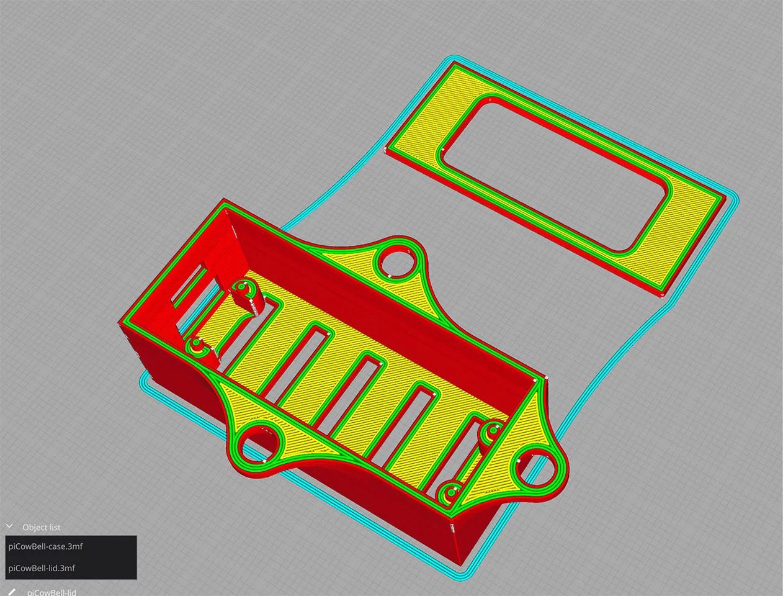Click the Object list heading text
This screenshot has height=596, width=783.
42,527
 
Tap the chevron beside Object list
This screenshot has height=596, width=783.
9,526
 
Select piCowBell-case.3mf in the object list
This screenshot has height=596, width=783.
46,546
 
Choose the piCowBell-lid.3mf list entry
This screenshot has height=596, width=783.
42,568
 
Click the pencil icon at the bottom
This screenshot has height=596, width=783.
11,592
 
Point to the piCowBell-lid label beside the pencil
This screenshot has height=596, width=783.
51,592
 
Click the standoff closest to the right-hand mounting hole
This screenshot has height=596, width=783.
493,430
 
